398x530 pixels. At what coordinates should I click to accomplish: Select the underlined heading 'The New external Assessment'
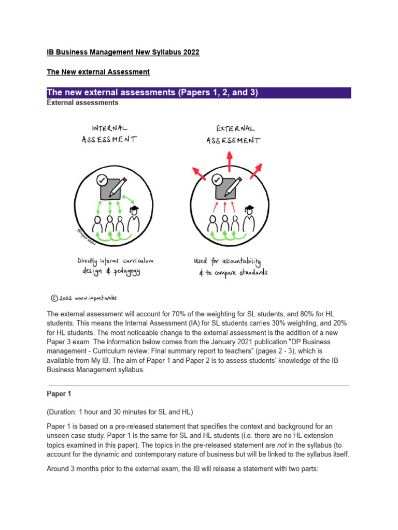[x=98, y=72]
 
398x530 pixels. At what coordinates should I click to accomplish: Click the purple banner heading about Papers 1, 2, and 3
[x=152, y=93]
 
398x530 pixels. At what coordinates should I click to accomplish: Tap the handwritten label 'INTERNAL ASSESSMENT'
[x=109, y=133]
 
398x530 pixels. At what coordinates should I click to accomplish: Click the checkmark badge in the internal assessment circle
[x=102, y=180]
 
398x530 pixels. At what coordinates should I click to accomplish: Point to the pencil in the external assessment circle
[x=232, y=185]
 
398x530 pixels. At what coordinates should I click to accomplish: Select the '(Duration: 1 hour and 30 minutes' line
[x=120, y=412]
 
